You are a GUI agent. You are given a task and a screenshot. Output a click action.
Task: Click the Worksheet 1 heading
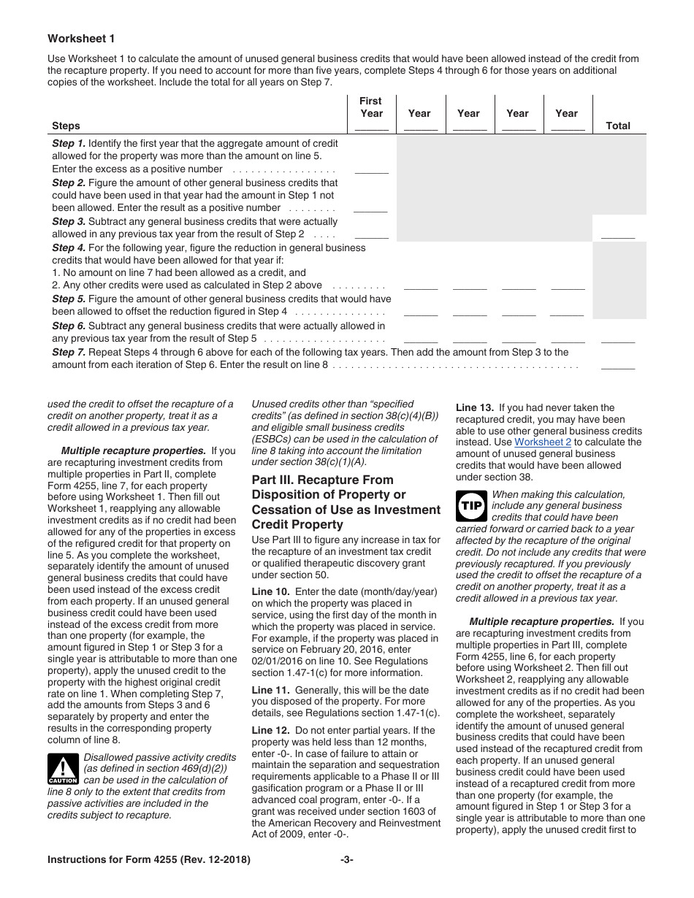[x=81, y=39]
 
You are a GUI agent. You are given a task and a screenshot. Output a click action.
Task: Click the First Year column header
[x=371, y=107]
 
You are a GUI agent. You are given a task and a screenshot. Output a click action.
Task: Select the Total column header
[x=617, y=126]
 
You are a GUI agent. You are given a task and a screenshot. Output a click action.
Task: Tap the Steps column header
[x=66, y=126]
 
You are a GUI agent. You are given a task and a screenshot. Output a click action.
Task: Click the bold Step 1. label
[x=69, y=144]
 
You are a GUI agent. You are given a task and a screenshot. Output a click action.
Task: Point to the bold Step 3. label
[x=69, y=221]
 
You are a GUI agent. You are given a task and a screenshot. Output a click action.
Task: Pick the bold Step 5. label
[x=69, y=299]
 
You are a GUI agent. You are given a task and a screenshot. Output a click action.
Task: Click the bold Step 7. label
[x=69, y=352]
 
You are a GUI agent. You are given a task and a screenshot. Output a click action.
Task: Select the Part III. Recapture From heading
[x=315, y=480]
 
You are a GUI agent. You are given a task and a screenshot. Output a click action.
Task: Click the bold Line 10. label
[x=270, y=592]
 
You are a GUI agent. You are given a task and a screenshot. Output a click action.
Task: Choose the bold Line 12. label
[x=270, y=730]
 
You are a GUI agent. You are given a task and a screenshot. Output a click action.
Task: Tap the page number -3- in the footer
[x=347, y=860]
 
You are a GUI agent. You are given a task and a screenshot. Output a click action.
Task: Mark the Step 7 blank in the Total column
[x=618, y=366]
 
